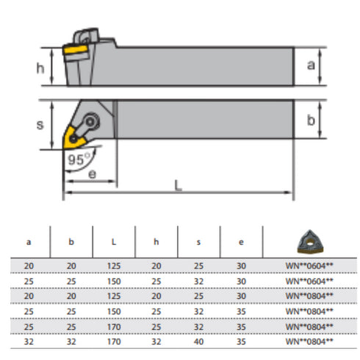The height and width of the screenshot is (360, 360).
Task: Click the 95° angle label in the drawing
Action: pyautogui.click(x=76, y=158)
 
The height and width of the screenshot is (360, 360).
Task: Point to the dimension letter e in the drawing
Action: pyautogui.click(x=92, y=174)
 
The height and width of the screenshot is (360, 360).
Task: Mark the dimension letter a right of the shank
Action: pyautogui.click(x=311, y=65)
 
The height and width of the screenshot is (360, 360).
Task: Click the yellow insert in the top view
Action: pyautogui.click(x=75, y=136)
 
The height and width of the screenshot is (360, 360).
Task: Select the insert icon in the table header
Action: pyautogui.click(x=309, y=240)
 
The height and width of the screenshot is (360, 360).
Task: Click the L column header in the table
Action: pyautogui.click(x=113, y=241)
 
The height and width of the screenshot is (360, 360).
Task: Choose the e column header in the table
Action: pyautogui.click(x=242, y=241)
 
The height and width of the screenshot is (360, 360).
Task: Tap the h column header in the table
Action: pyautogui.click(x=156, y=241)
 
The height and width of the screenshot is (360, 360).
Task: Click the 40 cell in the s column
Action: pyautogui.click(x=198, y=341)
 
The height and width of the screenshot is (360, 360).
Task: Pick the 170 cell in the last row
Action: pyautogui.click(x=113, y=341)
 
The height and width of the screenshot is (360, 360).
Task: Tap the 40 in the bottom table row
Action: pyautogui.click(x=198, y=341)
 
